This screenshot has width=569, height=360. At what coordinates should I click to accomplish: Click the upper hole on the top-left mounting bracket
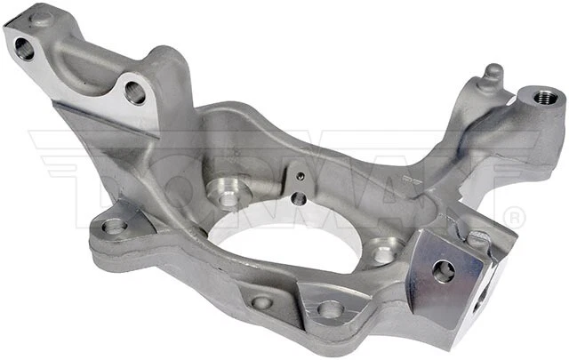24,49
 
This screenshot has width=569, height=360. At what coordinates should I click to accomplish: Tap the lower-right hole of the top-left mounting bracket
134,92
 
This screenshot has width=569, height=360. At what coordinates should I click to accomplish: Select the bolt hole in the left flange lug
114,226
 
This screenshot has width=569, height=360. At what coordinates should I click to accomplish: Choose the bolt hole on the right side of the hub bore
382,252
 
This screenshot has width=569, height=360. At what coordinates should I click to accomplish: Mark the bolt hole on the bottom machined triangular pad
330,308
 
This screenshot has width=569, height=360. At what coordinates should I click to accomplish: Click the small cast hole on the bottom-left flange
260,302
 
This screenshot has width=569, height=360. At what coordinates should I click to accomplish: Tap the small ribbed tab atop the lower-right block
478,238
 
